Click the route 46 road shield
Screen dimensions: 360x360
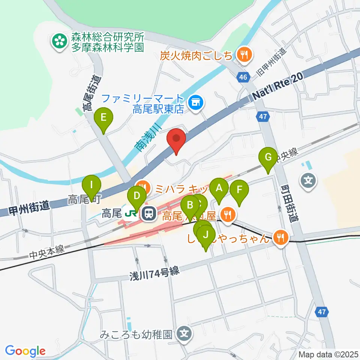[243, 78]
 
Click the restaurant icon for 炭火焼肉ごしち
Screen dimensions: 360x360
[244, 55]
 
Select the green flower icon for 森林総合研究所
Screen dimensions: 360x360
[59, 42]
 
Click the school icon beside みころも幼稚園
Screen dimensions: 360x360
[184, 332]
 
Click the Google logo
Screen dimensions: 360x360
[25, 351]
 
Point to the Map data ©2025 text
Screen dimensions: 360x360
[328, 354]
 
